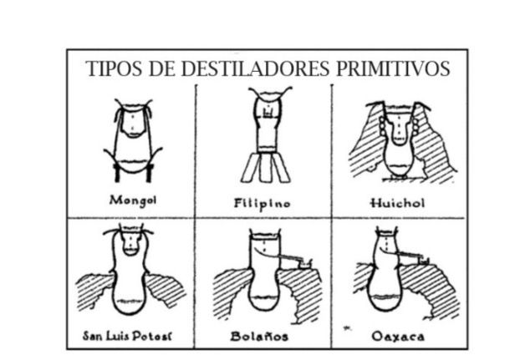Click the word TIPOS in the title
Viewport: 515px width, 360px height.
pos(114,68)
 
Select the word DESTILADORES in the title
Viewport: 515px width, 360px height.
pos(255,68)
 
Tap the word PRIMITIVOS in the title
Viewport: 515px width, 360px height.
pos(393,68)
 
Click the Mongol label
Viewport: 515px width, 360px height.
pos(133,200)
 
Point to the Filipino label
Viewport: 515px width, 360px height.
pos(263,204)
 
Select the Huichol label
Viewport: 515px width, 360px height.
pos(397,203)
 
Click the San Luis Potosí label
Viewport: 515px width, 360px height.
pos(127,336)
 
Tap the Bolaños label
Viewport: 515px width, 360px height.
pos(259,336)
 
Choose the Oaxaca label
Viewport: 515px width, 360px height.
pos(398,337)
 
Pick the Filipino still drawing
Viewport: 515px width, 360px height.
pos(266,134)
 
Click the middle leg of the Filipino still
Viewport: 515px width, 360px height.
pos(265,168)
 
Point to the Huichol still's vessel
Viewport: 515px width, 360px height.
pos(399,141)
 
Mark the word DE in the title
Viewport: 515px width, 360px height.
pos(161,68)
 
